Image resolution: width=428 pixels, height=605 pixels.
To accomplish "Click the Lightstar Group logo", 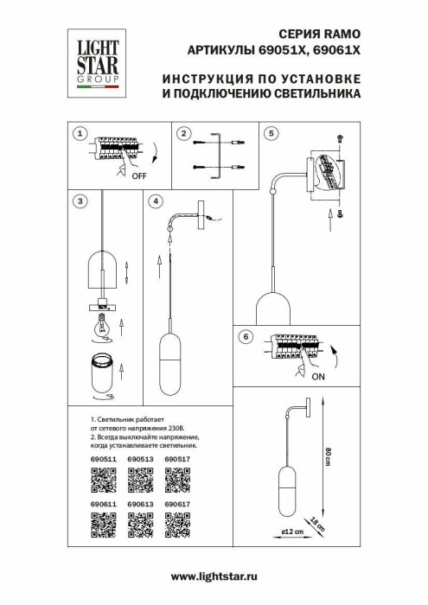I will pyautogui.click(x=93, y=60).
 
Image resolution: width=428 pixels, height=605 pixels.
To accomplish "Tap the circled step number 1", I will pyautogui.click(x=80, y=134).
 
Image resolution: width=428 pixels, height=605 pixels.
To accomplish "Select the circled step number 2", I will pyautogui.click(x=182, y=134).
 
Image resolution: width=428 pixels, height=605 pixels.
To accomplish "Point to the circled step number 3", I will pyautogui.click(x=80, y=201).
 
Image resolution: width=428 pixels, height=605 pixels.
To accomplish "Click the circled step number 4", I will pyautogui.click(x=156, y=201).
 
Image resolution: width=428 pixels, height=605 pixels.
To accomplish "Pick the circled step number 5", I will pyautogui.click(x=271, y=134).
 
